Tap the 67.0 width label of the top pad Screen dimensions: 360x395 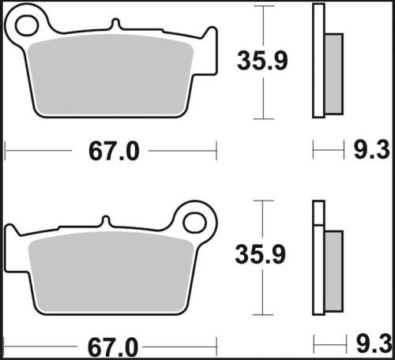111,151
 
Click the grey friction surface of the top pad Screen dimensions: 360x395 111,77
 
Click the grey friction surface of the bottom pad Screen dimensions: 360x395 111,272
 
